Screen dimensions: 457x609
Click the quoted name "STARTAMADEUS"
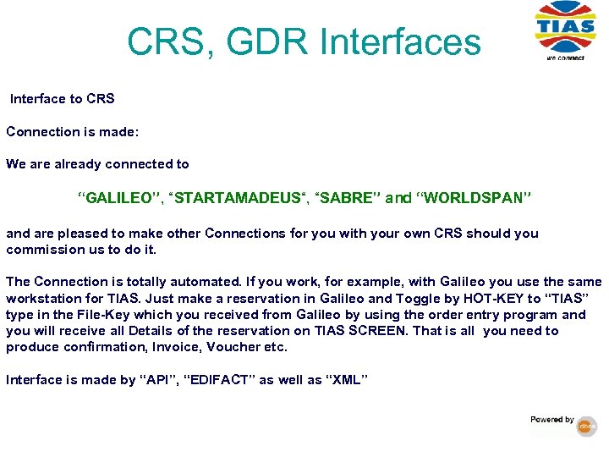click(x=236, y=198)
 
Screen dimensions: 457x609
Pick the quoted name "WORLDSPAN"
click(x=473, y=198)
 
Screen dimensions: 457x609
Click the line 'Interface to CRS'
click(x=62, y=99)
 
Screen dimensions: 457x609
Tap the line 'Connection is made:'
click(x=72, y=132)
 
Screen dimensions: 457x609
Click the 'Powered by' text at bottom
click(x=551, y=420)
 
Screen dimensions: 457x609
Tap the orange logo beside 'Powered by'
click(x=587, y=427)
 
